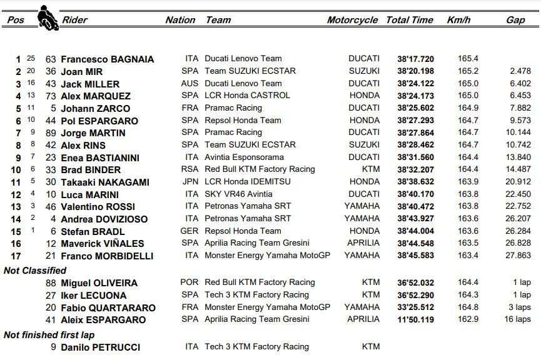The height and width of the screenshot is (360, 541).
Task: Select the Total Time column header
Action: pos(409,20)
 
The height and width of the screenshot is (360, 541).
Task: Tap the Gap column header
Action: pos(515,20)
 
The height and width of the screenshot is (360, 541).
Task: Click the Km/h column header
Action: pos(458,20)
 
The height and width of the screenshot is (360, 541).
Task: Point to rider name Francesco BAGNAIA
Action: pos(107,59)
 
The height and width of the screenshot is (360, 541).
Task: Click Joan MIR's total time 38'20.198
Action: pos(415,71)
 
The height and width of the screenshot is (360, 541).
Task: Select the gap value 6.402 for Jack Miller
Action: pos(520,84)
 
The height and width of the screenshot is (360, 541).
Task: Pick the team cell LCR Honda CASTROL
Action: pos(247,96)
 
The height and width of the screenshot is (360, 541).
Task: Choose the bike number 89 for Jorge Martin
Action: pos(51,133)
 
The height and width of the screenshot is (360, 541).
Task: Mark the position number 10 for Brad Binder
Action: pos(16,170)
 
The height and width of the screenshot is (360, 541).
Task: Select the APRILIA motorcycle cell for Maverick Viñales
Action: pos(363,243)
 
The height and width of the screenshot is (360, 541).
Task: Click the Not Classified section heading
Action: pos(35,271)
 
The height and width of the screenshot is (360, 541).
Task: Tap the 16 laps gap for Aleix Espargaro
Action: pos(518,319)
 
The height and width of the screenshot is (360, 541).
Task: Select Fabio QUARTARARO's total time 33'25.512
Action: pos(415,307)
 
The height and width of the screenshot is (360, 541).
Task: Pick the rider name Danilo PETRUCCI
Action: pos(100,347)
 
